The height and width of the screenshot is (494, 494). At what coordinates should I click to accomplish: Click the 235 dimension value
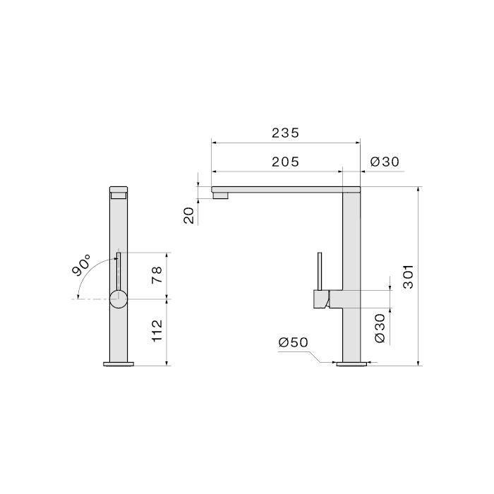tap(286, 133)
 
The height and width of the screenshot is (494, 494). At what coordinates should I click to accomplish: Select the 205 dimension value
tap(286, 162)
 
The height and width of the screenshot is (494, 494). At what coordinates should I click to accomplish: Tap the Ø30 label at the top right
tap(385, 162)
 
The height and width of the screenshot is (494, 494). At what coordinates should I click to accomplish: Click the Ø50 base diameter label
tap(294, 342)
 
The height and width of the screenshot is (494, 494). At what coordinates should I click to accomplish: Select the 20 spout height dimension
tap(189, 215)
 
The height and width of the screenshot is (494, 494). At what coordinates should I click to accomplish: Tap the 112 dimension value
tap(159, 330)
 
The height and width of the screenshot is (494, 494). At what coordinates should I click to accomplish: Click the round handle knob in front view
tap(119, 299)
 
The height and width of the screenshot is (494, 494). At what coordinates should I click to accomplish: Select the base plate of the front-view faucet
tap(119, 364)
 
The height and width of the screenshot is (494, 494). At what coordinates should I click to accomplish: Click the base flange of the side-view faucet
tap(351, 364)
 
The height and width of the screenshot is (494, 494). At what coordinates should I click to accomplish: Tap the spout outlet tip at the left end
tap(221, 195)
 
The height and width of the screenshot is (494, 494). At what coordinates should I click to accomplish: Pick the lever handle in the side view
tap(319, 272)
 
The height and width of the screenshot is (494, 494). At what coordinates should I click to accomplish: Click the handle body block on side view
tap(322, 299)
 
